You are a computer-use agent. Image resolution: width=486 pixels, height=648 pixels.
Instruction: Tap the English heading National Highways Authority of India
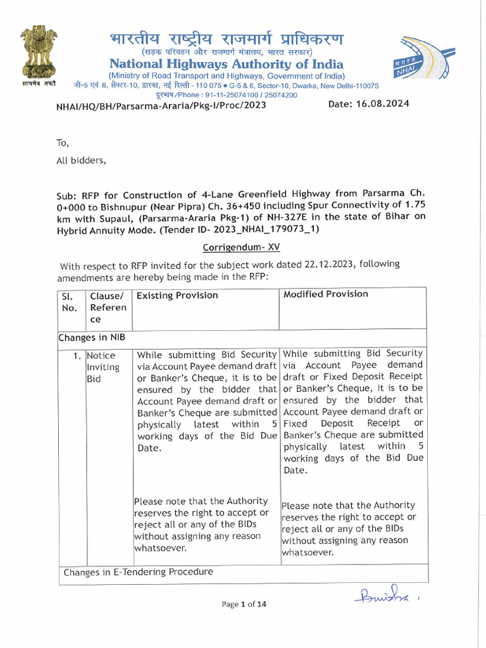point(227,64)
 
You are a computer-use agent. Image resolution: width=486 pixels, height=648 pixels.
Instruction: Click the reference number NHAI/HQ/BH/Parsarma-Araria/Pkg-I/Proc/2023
point(161,105)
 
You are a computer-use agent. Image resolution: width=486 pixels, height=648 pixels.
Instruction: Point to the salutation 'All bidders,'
point(82,160)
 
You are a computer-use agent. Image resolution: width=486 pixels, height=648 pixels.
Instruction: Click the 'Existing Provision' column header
point(177,296)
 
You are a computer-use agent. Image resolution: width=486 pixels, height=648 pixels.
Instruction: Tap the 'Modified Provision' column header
point(325,294)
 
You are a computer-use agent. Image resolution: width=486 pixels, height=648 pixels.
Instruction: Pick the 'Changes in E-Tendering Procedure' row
point(138,572)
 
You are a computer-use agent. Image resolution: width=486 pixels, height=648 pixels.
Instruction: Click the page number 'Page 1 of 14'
point(244,604)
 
